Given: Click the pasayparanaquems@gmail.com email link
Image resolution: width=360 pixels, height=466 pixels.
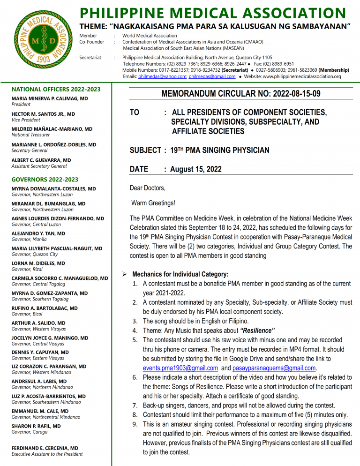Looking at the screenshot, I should point(274,368).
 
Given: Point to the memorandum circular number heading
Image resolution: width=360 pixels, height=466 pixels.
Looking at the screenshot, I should point(241,94).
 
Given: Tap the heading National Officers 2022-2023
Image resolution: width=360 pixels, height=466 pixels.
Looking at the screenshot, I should point(49,89).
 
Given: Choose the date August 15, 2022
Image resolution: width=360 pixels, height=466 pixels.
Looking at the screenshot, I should point(196,169).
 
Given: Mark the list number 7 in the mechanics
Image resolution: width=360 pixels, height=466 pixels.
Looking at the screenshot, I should point(135,406).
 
